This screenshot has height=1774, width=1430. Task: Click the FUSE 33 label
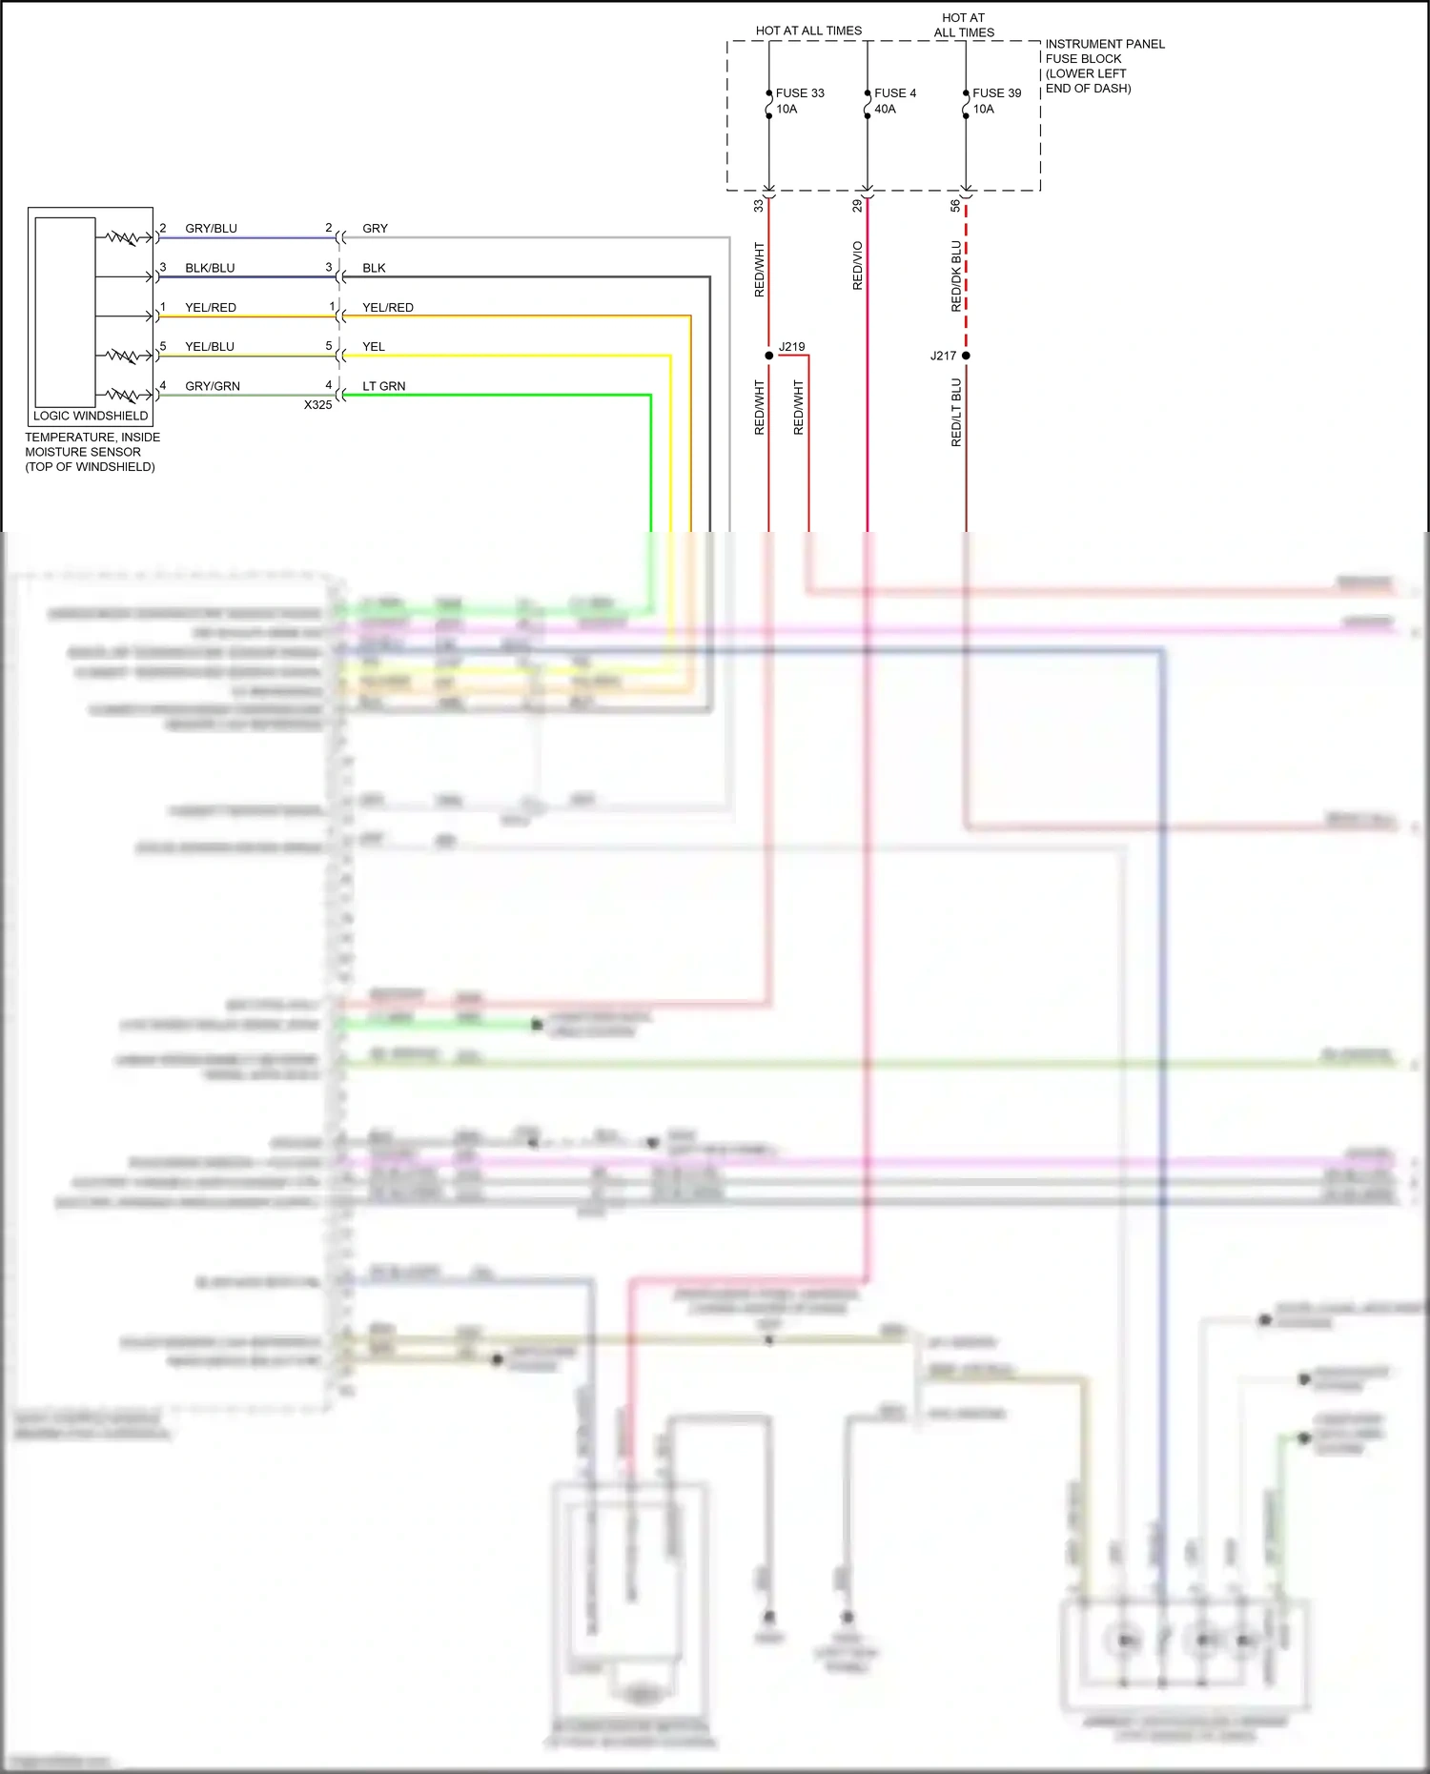[x=799, y=93]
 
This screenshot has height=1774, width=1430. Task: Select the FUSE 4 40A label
[x=894, y=101]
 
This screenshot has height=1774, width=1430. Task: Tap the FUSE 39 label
[x=996, y=93]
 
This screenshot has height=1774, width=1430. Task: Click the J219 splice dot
[x=769, y=356]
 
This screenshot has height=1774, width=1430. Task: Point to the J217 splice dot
[x=966, y=356]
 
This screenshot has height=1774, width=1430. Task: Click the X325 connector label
[x=317, y=405]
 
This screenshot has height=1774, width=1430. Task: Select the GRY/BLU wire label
[x=211, y=229]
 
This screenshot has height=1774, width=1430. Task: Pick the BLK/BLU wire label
[x=210, y=268]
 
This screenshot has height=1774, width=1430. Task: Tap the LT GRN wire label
[x=383, y=386]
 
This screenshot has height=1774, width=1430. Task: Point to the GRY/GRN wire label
[x=212, y=386]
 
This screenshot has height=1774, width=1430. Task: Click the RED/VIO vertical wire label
[x=857, y=266]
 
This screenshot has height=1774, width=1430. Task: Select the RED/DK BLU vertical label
[x=956, y=275]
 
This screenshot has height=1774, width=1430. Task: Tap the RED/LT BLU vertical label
[x=956, y=413]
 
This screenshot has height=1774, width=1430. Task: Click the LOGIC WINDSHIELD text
[x=91, y=416]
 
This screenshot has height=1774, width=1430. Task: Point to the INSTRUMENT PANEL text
[x=1104, y=44]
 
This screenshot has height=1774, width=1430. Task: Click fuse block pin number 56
[x=955, y=205]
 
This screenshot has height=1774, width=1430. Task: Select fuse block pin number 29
[x=857, y=205]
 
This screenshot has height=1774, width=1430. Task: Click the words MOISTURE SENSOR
[x=83, y=452]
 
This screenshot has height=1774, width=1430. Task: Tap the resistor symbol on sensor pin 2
[x=124, y=237]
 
